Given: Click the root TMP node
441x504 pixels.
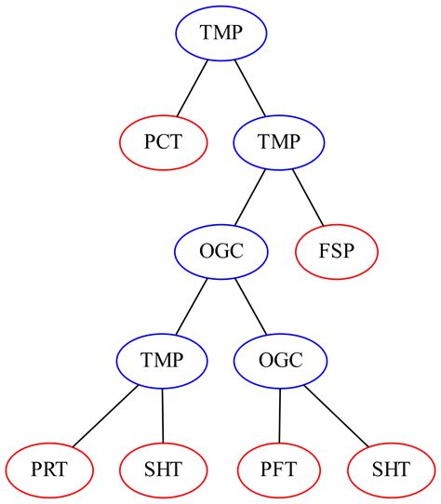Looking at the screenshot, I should pyautogui.click(x=221, y=34).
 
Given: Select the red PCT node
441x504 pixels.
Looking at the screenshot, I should pyautogui.click(x=163, y=142).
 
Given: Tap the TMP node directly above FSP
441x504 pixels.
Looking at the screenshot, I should pyautogui.click(x=278, y=142).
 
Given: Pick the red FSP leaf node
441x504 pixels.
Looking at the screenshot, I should pyautogui.click(x=337, y=251).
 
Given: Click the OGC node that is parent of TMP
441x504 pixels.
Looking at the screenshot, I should pyautogui.click(x=221, y=251).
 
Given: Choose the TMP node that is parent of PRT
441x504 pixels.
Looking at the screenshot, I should pyautogui.click(x=163, y=360).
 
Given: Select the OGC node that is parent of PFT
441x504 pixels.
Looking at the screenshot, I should pyautogui.click(x=280, y=360).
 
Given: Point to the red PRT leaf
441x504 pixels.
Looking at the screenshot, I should pyautogui.click(x=48, y=468).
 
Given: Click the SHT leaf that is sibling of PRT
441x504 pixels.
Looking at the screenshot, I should pyautogui.click(x=164, y=468).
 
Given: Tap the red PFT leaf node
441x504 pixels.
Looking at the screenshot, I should pyautogui.click(x=278, y=468).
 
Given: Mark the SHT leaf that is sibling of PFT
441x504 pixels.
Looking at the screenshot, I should pyautogui.click(x=391, y=468).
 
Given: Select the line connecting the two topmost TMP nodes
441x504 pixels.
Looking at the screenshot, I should pyautogui.click(x=250, y=88).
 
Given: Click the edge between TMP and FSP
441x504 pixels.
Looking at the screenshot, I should pyautogui.click(x=307, y=196).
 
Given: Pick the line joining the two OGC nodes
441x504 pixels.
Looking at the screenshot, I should pyautogui.click(x=251, y=305).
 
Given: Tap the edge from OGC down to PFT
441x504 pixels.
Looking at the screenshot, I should pyautogui.click(x=279, y=414).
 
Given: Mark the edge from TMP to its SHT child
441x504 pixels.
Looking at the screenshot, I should pyautogui.click(x=163, y=414).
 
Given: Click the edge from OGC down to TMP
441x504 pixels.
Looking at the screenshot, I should pyautogui.click(x=193, y=305).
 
